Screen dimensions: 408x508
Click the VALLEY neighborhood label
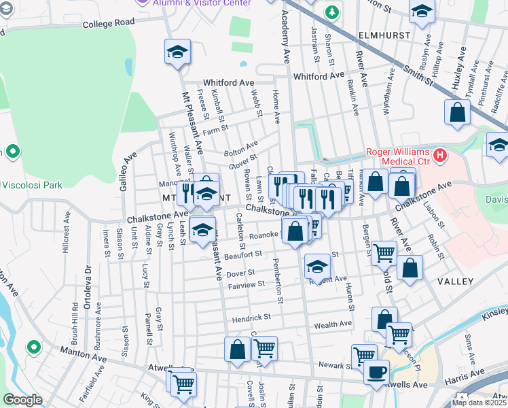click(455, 281)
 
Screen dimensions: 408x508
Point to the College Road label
click(109, 23)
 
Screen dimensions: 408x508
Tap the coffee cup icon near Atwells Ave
click(376, 372)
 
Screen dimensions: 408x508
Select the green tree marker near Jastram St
click(331, 12)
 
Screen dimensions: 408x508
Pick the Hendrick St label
click(251, 317)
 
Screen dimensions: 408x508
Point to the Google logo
click(22, 400)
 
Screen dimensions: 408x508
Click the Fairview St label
click(246, 284)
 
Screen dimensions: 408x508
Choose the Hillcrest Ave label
click(66, 235)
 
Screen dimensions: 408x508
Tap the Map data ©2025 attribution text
click(479, 403)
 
